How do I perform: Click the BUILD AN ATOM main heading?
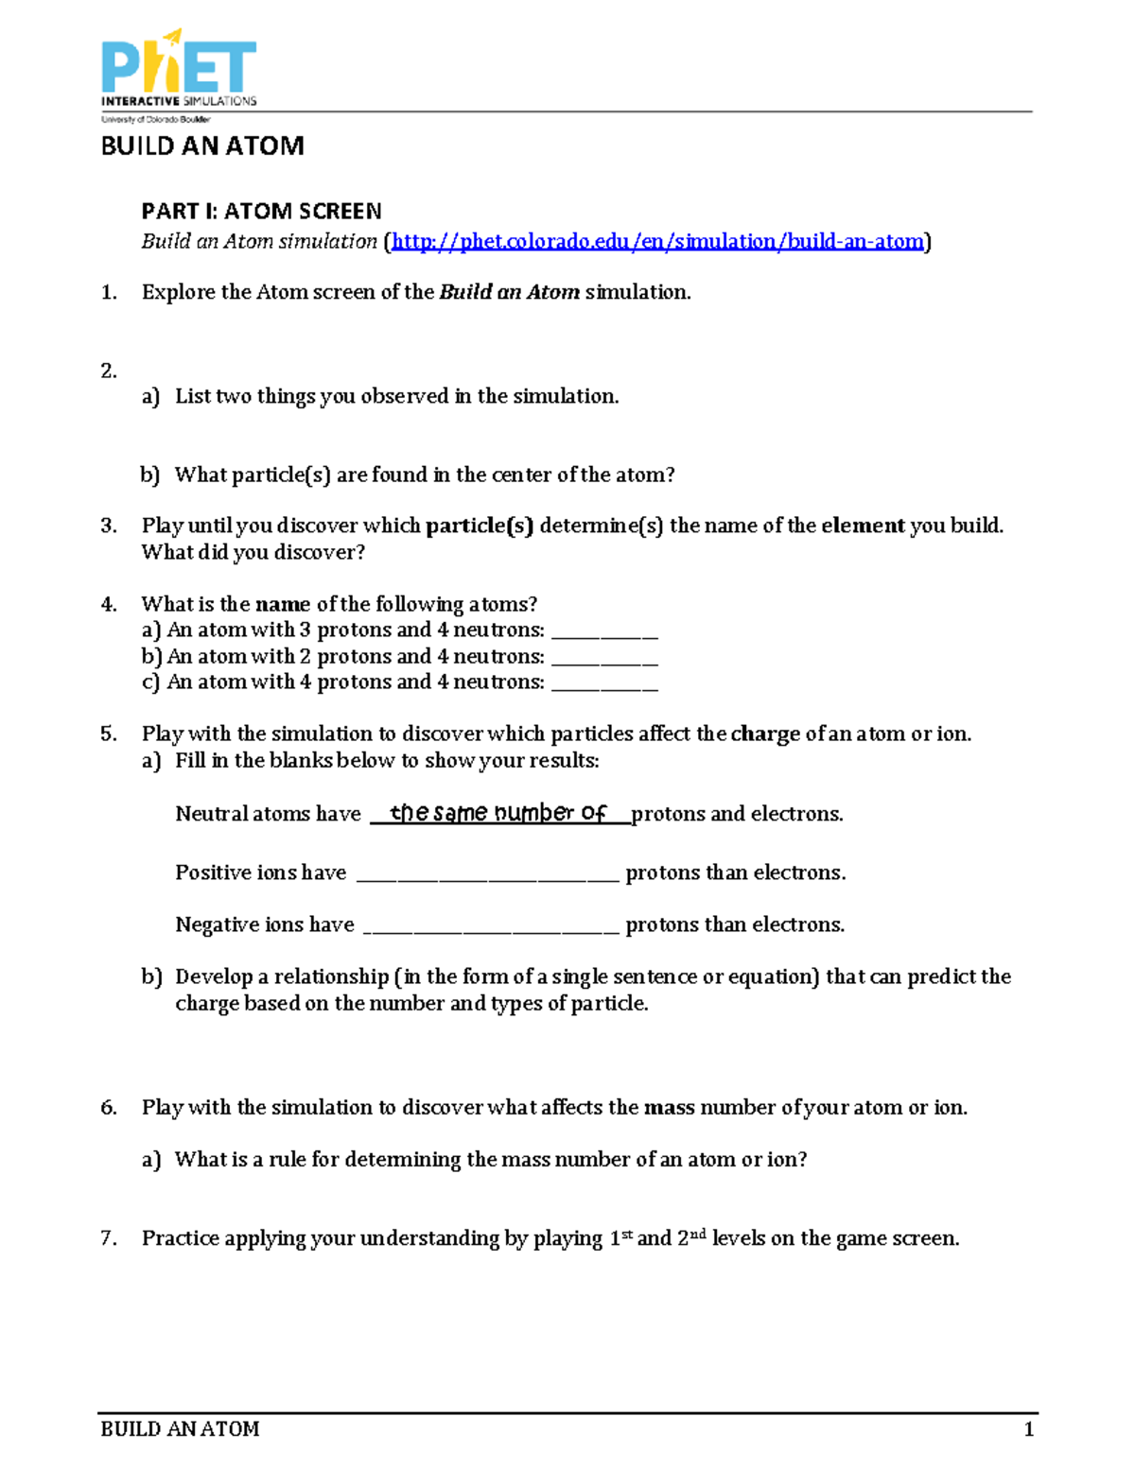click(x=202, y=146)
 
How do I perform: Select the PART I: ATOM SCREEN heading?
click(x=261, y=211)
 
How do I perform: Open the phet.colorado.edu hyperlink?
click(x=657, y=242)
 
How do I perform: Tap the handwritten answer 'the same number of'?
click(x=498, y=813)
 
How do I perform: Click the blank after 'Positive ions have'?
click(x=487, y=873)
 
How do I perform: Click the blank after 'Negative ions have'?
click(x=491, y=925)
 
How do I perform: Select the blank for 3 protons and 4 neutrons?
click(x=603, y=631)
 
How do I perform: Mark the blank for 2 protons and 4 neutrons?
click(x=603, y=657)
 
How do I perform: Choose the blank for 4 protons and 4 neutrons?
click(x=603, y=683)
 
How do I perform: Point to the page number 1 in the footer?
click(x=1028, y=1429)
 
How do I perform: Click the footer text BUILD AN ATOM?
click(x=180, y=1429)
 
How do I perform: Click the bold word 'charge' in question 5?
click(x=765, y=734)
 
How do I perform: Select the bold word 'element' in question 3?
click(x=863, y=526)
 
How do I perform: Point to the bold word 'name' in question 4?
click(x=283, y=604)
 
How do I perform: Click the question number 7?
click(x=108, y=1238)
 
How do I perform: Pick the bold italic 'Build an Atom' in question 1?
click(x=509, y=292)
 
